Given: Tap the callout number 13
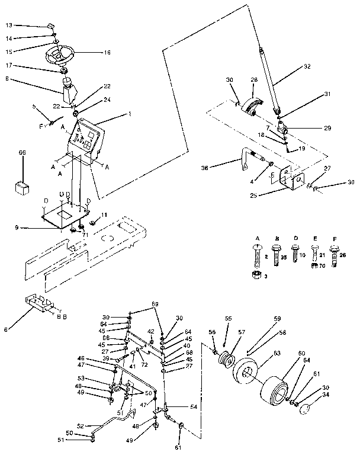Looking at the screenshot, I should coord(8,25).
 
